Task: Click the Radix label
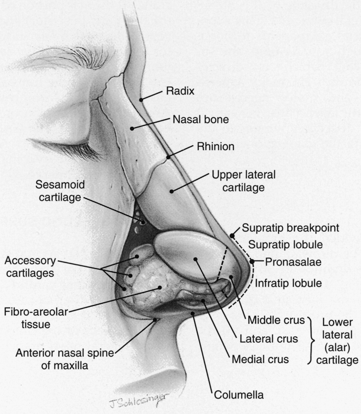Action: pyautogui.click(x=180, y=91)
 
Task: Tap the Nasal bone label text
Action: pyautogui.click(x=201, y=120)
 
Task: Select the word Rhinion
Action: pyautogui.click(x=216, y=146)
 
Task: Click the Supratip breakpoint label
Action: pyautogui.click(x=290, y=228)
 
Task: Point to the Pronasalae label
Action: pyautogui.click(x=293, y=262)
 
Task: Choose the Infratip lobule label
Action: pyautogui.click(x=288, y=283)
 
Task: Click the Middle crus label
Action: pyautogui.click(x=276, y=320)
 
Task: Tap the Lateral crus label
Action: pyautogui.click(x=269, y=339)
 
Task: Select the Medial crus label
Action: pyautogui.click(x=260, y=359)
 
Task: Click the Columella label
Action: pyautogui.click(x=239, y=395)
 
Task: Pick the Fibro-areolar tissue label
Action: pyautogui.click(x=36, y=318)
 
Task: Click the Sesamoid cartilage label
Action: pyautogui.click(x=60, y=191)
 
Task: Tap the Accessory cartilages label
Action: pyautogui.click(x=30, y=267)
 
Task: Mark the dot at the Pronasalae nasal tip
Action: pyautogui.click(x=252, y=262)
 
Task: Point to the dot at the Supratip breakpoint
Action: pyautogui.click(x=232, y=236)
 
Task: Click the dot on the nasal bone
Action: pyautogui.click(x=132, y=128)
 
